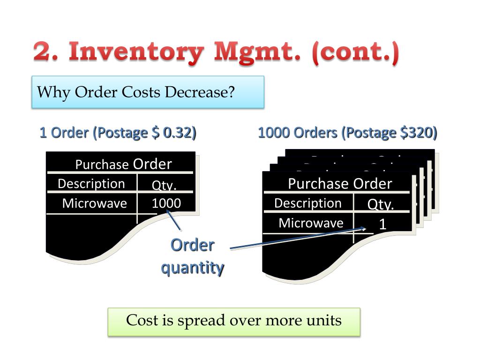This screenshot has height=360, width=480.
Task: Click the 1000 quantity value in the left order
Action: pos(166,203)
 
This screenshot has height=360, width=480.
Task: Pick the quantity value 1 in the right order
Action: pos(382,224)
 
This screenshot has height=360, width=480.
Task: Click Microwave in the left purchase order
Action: pos(94,203)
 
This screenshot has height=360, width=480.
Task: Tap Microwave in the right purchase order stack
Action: pos(311,223)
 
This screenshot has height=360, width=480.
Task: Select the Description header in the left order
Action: pos(91,184)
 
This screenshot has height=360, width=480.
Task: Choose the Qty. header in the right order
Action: pos(380,204)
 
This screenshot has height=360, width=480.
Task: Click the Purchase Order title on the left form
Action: pos(123,164)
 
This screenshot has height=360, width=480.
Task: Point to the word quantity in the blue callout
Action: pos(192,268)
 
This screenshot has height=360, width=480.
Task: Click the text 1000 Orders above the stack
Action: pos(297,133)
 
